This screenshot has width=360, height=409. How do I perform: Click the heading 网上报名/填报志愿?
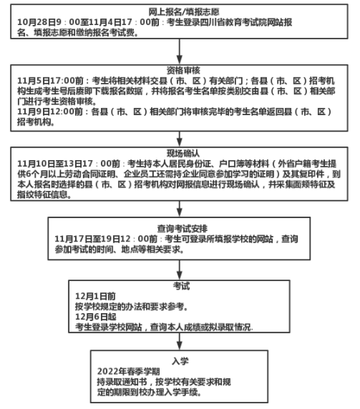tap(184, 12)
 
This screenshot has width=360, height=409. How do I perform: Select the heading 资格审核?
tap(183, 70)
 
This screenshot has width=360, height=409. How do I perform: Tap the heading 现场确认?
tap(183, 153)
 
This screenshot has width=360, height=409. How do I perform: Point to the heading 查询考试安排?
tap(183, 229)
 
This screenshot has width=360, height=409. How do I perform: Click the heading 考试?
tap(182, 286)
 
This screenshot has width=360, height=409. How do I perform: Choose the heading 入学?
tap(180, 362)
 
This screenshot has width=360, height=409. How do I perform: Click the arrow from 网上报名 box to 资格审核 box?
tap(180, 51)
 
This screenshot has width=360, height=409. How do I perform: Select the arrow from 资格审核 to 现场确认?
tap(180, 139)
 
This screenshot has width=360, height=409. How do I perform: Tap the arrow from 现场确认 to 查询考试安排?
tap(180, 209)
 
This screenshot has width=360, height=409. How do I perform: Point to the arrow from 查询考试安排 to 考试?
tap(180, 270)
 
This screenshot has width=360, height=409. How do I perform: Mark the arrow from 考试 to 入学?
tap(180, 342)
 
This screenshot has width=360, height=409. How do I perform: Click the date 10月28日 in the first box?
tap(36, 22)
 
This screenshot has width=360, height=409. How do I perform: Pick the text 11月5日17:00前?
tap(50, 81)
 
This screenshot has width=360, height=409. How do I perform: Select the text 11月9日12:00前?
tap(50, 112)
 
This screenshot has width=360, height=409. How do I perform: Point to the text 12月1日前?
tap(95, 296)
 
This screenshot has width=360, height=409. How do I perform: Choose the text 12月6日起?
tap(96, 317)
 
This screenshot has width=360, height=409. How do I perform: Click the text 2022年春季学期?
tap(128, 371)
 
